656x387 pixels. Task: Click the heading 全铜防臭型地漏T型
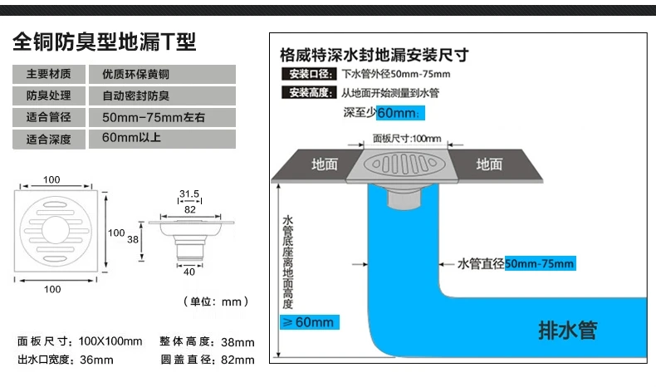pos(104,42)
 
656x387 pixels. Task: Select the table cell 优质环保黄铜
pos(162,74)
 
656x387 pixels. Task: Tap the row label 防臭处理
pos(49,96)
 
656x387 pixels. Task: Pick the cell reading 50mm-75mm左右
pos(162,118)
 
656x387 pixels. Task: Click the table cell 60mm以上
pos(162,139)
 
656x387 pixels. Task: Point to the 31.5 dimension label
pos(189,193)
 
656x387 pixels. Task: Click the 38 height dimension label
pos(133,239)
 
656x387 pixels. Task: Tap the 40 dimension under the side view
pos(189,272)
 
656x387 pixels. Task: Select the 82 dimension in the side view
pos(190,209)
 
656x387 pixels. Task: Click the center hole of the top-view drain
pos(56,230)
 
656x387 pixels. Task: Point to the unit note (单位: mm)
pos(216,301)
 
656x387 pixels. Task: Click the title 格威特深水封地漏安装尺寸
pos(375,55)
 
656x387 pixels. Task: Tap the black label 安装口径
pos(309,74)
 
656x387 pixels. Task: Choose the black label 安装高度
pos(309,92)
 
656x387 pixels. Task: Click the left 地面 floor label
pos(324,164)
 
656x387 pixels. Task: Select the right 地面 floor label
pos(489,164)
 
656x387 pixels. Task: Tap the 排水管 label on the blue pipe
pos(568,331)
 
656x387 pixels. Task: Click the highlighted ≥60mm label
pos(309,322)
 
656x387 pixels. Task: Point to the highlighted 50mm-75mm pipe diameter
pos(540,263)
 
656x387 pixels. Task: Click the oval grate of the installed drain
pos(404,164)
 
